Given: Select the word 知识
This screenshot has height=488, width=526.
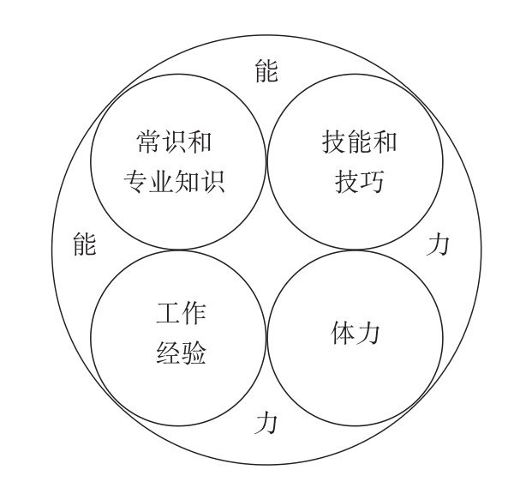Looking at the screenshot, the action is point(209,183).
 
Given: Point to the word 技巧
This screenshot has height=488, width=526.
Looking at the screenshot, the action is point(352,183).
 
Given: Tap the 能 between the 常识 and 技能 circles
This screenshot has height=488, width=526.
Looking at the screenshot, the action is point(266,72).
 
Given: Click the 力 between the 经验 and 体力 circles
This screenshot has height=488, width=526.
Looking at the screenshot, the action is point(266,423).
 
